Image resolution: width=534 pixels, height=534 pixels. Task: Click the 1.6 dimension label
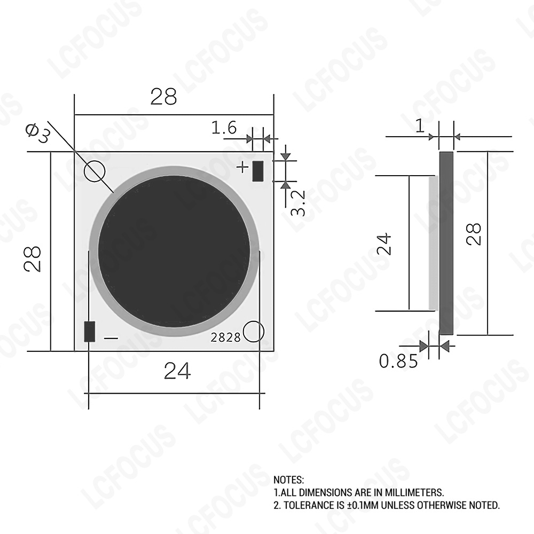pos(224,128)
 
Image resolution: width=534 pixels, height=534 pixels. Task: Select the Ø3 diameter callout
pos(38,133)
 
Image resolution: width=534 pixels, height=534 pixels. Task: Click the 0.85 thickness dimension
pos(398,361)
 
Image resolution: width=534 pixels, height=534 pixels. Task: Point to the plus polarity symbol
pos(242,167)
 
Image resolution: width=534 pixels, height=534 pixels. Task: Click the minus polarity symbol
pos(111,338)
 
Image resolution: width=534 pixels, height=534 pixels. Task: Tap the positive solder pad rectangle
pos(258,171)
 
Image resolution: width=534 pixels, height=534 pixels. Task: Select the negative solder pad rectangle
pos(90,332)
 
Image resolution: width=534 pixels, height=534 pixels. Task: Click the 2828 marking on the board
pos(225,337)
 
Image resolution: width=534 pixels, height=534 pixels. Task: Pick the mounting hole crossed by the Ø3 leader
pos(95,171)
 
